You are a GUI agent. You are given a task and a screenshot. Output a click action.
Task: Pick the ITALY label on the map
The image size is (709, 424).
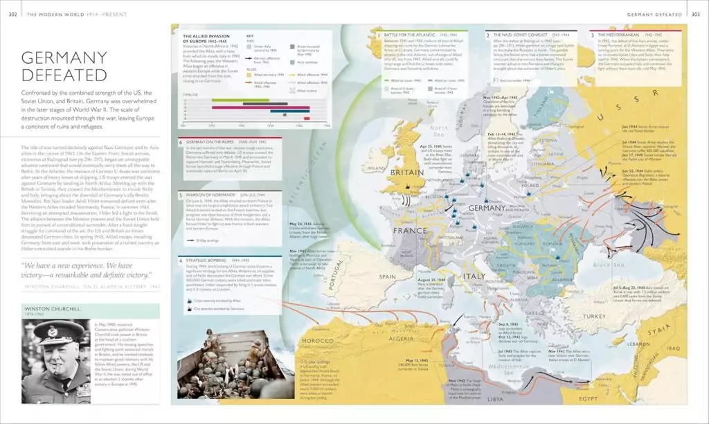pos(474,276)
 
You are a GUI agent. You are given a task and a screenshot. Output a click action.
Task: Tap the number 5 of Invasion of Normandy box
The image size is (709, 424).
pos(181,195)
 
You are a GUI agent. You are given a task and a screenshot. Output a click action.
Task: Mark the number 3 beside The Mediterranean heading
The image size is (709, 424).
pos(591,34)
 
